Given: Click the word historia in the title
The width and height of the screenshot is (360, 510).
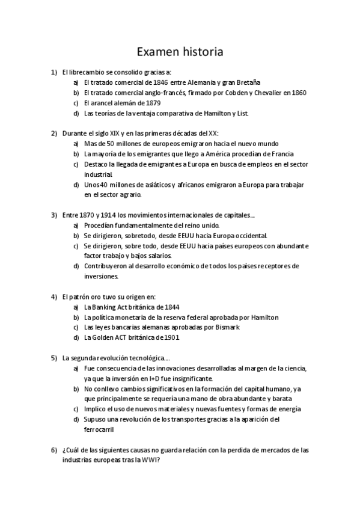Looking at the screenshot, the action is click(200, 52).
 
